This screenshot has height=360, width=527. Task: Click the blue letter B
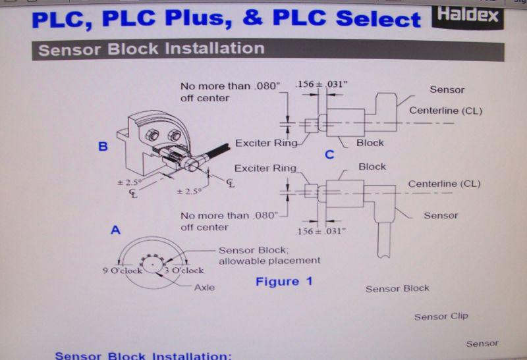point(103,146)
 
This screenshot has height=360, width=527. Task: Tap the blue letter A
point(115,230)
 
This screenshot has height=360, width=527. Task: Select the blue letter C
point(329,155)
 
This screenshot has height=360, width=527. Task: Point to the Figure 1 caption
point(284,282)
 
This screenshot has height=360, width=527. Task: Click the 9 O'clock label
point(123,270)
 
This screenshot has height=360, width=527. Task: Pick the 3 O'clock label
point(184,270)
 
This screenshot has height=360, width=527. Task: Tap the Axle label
point(204,288)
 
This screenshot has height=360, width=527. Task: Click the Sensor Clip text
point(441,317)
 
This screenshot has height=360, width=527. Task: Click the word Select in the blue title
point(378,18)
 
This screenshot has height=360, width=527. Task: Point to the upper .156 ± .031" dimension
point(321,84)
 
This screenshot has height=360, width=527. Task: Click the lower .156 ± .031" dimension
point(321,231)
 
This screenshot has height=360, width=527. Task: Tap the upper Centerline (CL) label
point(446,111)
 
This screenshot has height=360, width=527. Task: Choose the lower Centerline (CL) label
point(444,184)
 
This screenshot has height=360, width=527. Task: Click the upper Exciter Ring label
point(266,143)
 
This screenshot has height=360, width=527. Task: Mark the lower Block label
point(372,167)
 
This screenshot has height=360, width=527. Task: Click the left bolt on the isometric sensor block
point(152,136)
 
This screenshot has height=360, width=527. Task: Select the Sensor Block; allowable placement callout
point(269,255)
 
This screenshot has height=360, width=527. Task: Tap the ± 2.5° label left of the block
point(129,183)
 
